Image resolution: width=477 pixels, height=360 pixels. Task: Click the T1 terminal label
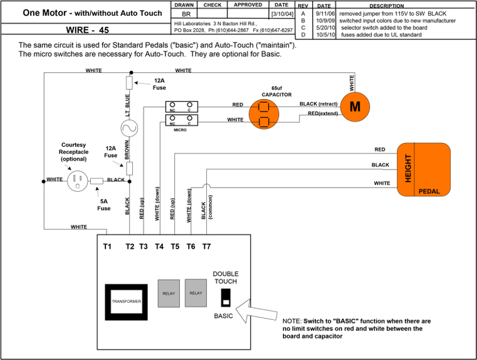pos(107,246)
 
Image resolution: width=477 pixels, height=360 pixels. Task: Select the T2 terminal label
pos(130,246)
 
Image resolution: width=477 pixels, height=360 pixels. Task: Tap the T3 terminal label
pos(144,246)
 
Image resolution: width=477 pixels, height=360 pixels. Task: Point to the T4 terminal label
pos(159,246)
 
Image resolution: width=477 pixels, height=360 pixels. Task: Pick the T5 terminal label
pos(175,246)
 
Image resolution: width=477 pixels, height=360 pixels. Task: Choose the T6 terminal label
pos(191,246)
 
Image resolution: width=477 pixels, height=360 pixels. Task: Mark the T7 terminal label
pos(206,246)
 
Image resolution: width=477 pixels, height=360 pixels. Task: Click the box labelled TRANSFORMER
pos(126,302)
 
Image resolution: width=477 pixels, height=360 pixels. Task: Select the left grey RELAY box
pos(169,294)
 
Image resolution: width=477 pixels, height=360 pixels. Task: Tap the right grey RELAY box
pos(196,293)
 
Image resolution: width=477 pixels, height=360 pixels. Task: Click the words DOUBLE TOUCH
pos(226,278)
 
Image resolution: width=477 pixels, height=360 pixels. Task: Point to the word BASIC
pos(223,316)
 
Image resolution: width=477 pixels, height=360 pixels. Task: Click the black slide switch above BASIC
pos(226,297)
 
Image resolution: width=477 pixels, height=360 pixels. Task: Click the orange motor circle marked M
pos(355,107)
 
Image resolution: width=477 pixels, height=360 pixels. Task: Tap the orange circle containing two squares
pos(264,114)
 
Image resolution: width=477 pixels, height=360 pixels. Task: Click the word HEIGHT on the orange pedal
pos(408,168)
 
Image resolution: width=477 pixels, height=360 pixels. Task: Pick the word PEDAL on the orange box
pos(429,191)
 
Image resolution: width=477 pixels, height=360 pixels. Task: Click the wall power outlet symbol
pos(78,181)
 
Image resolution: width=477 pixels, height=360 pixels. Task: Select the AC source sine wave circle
pos(129,129)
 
